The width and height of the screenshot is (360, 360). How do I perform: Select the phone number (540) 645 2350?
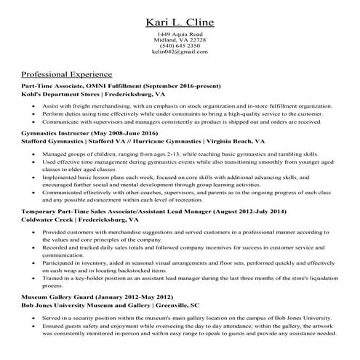point(180,46)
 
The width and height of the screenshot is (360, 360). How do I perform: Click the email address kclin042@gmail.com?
point(180,52)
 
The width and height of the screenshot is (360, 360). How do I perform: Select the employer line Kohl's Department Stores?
point(94,95)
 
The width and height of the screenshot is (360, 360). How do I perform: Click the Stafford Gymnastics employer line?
point(143,143)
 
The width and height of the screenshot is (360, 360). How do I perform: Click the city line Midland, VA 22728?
point(180,40)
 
